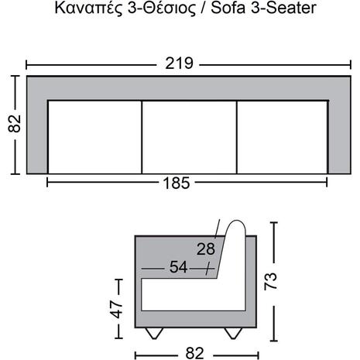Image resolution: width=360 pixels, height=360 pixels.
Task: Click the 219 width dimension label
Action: [179, 63]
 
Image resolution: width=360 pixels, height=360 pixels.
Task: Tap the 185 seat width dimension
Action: [177, 183]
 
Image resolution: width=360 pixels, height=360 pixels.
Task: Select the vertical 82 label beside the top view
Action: [15, 124]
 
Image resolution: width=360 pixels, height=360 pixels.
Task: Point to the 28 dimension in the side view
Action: [206, 249]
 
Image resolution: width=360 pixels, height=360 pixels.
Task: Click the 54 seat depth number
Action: [178, 267]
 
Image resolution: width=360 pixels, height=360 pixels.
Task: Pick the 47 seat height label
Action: [116, 310]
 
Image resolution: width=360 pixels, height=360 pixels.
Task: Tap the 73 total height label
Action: [270, 281]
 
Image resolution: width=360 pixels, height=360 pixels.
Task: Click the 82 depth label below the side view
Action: [195, 353]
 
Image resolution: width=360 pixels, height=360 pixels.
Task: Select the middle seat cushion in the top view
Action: [189, 137]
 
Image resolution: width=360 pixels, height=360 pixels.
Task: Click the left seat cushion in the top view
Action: [95, 137]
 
